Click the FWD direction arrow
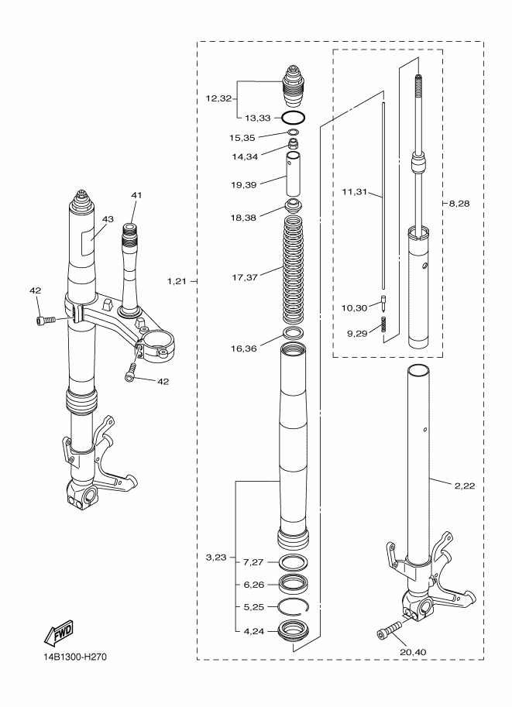[59, 632]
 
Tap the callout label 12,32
[218, 98]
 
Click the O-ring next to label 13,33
[294, 118]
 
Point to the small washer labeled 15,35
[294, 132]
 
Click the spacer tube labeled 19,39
[294, 173]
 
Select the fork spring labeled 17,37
[294, 270]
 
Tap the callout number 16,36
[243, 348]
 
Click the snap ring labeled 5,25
[294, 607]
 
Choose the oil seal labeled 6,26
[294, 584]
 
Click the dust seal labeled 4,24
[294, 630]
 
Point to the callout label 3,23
[216, 558]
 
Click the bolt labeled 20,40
[389, 630]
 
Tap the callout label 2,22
[465, 486]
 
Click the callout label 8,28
[459, 204]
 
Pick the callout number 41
[136, 195]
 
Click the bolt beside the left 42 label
[46, 320]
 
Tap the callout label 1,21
[177, 282]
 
